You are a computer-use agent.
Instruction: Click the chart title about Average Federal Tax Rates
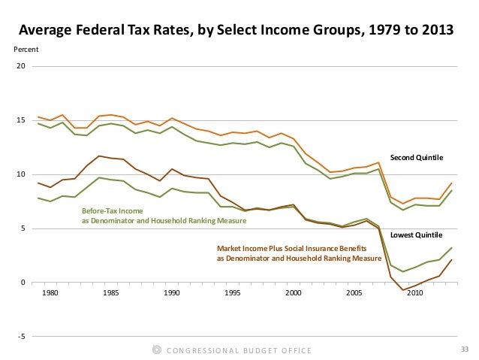coord(235,31)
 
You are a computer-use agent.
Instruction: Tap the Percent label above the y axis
coord(26,50)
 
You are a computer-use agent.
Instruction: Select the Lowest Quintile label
coord(417,235)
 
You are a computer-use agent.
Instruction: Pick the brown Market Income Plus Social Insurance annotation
coord(299,253)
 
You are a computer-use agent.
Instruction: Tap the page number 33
coord(463,349)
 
